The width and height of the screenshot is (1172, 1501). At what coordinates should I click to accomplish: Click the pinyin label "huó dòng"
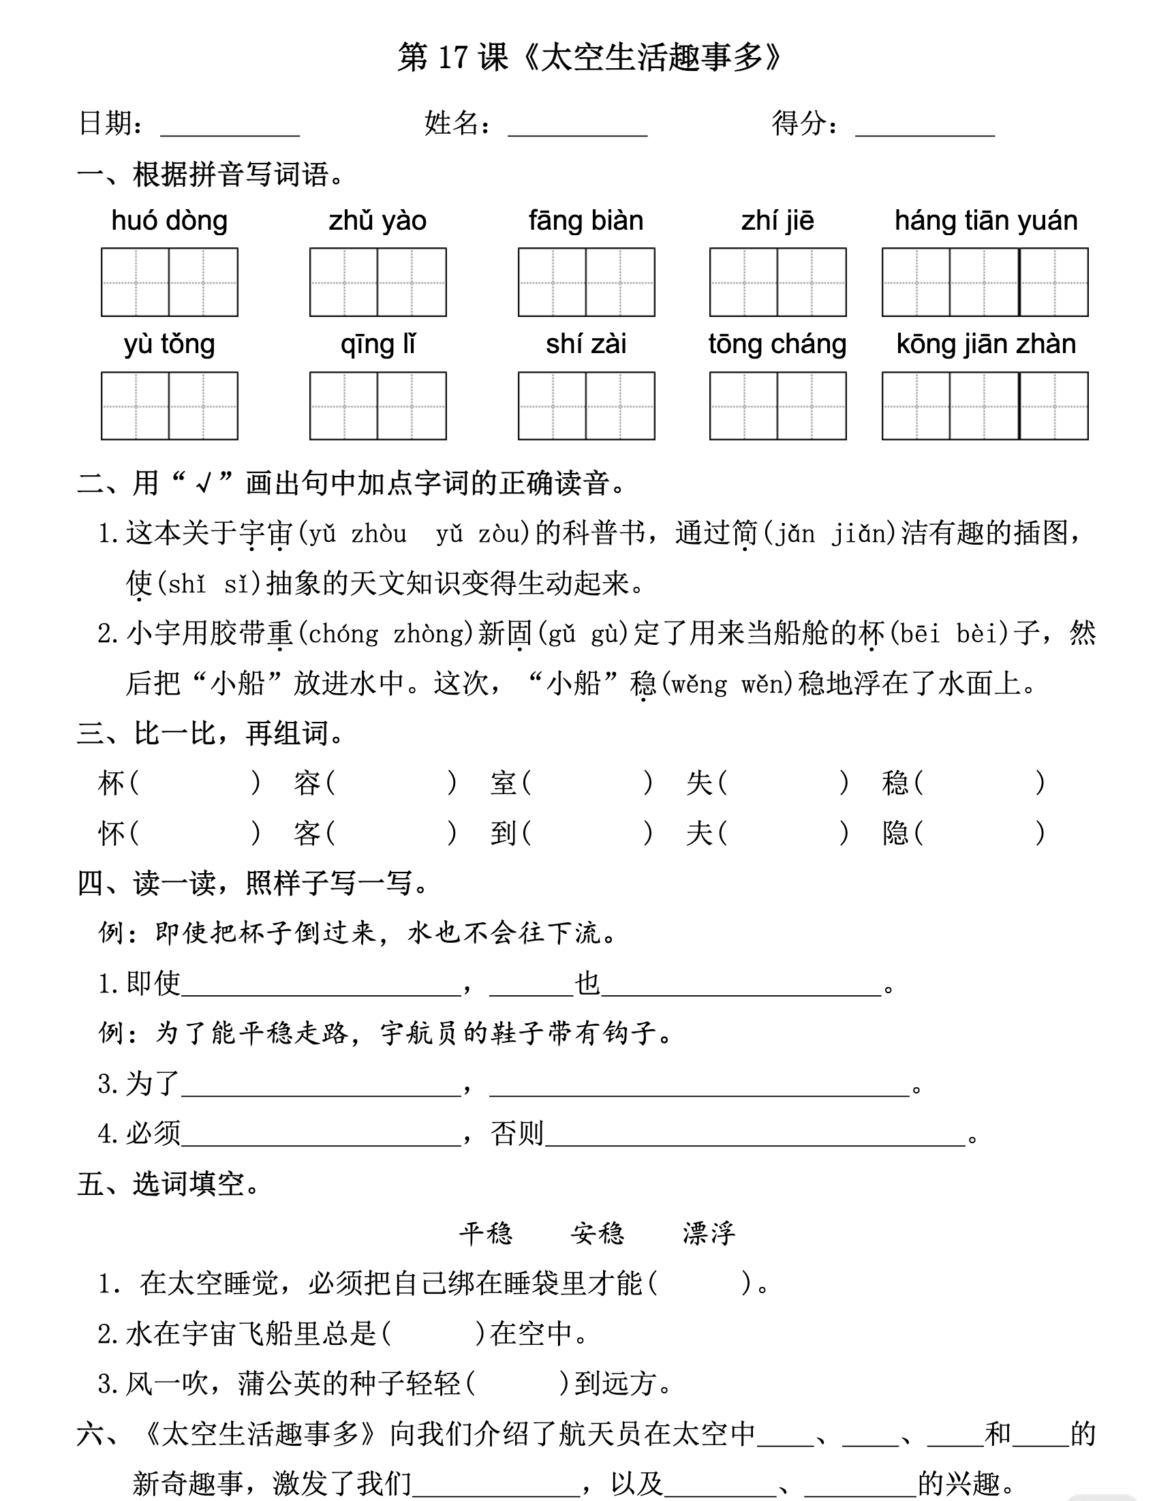169,222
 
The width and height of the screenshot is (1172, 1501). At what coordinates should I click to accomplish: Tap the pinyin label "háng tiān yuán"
986,222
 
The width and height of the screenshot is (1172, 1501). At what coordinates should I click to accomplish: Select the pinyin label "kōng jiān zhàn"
986,344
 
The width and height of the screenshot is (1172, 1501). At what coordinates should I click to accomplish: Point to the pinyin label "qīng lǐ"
378,344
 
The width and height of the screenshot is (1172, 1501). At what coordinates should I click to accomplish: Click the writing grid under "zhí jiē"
777,282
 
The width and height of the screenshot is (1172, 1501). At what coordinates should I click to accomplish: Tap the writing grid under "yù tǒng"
169,406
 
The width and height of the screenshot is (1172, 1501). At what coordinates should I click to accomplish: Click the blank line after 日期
230,127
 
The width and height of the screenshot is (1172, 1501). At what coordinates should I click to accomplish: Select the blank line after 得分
925,127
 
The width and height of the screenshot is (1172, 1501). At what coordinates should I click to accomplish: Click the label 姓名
451,123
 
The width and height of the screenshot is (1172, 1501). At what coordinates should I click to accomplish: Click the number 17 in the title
452,57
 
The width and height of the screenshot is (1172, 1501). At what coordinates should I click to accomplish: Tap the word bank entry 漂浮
709,1234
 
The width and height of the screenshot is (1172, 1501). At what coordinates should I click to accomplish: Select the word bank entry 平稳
487,1234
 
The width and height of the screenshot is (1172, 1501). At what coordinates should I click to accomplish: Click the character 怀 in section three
112,834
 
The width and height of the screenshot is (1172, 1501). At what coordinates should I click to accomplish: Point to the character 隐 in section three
896,834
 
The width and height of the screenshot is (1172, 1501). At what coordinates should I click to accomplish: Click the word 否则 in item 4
517,1134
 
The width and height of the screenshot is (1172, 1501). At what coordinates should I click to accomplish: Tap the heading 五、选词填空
168,1183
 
